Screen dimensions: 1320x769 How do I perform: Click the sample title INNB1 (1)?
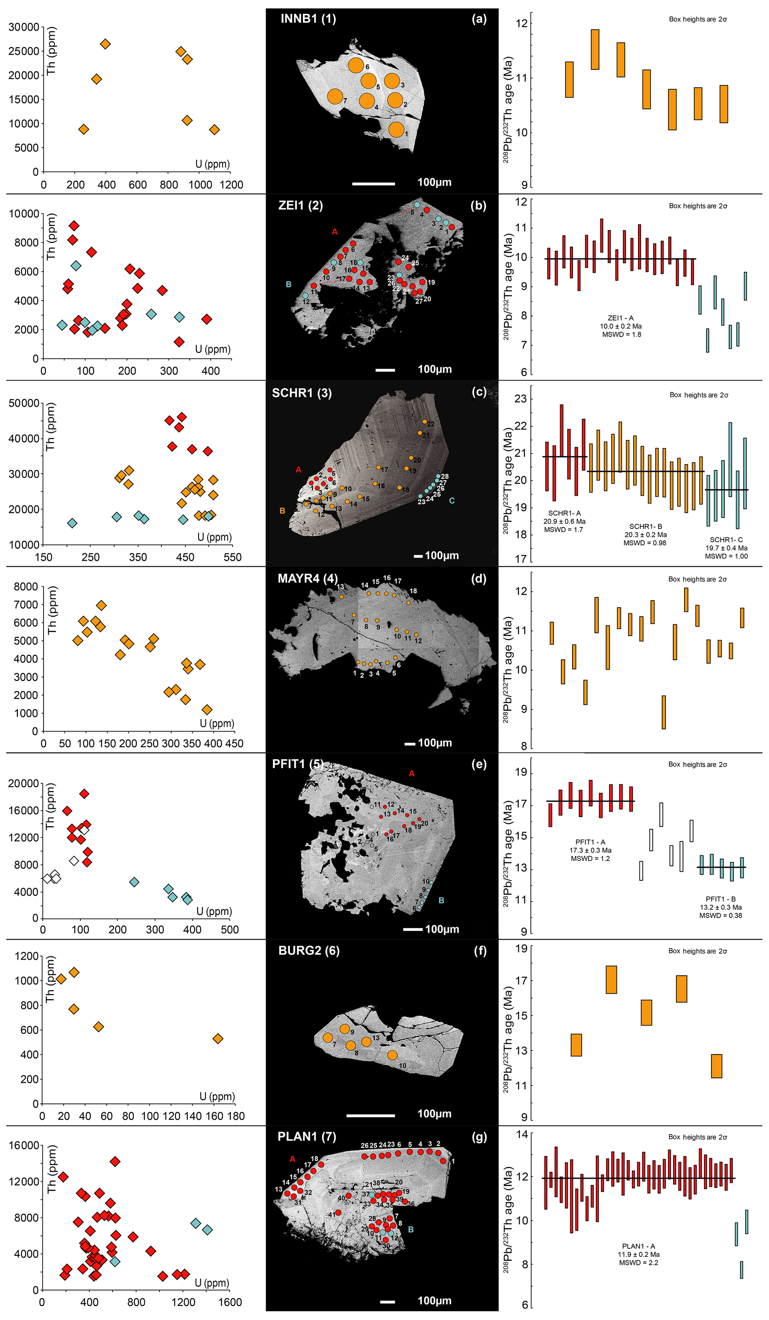click(308, 19)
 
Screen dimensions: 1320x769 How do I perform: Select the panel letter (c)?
click(479, 392)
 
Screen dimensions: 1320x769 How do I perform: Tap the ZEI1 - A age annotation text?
click(621, 326)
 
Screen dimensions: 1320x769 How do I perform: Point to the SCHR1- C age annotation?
click(726, 548)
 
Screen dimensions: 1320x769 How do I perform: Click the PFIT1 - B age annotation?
click(721, 907)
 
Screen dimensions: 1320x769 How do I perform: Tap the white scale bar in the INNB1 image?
click(374, 184)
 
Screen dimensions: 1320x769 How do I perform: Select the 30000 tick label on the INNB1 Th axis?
click(23, 27)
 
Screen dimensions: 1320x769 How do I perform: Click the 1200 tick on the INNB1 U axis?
click(231, 185)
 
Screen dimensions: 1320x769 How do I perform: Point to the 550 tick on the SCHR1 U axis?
click(232, 557)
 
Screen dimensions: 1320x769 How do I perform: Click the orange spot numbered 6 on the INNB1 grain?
click(356, 65)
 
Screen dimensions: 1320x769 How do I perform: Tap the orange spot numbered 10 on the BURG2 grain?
click(392, 1055)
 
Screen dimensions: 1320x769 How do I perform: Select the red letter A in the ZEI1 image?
click(335, 231)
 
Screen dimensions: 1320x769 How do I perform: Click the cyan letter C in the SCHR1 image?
click(452, 501)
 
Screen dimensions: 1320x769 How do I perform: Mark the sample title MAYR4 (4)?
click(308, 578)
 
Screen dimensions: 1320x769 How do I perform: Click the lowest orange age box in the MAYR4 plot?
click(663, 712)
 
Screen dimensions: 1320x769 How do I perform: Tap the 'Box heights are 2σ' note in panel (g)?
click(697, 1137)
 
